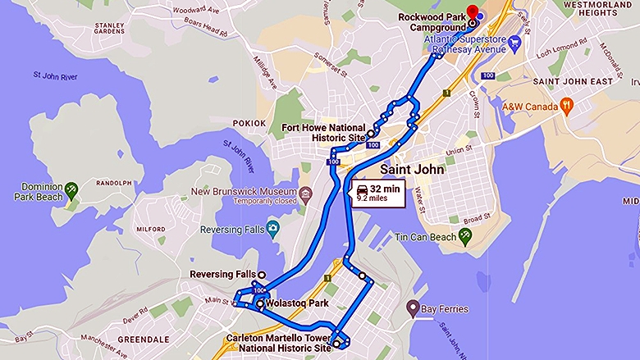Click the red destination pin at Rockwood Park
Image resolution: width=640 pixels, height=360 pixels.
point(472,11)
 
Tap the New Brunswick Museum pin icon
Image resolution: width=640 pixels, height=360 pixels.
point(306,195)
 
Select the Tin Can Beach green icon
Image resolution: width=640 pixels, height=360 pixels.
point(465,236)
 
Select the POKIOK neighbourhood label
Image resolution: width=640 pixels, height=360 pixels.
point(248,123)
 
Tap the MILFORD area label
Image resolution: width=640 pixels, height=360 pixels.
point(151,230)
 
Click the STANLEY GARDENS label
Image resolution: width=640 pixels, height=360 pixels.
point(109,30)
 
